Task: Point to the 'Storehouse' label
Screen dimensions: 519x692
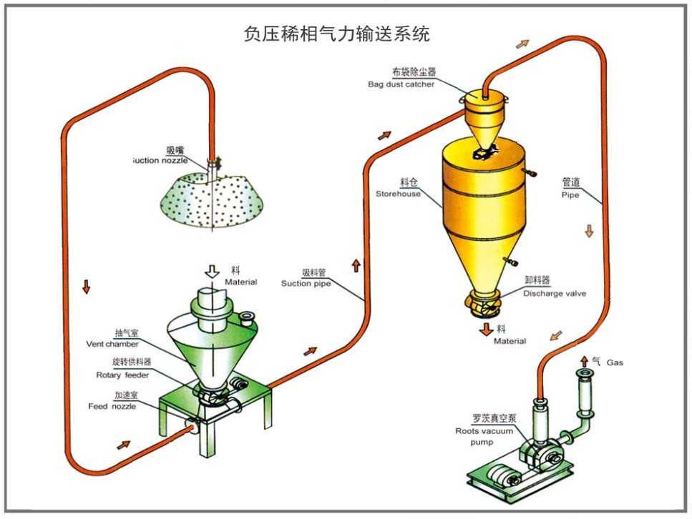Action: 398,194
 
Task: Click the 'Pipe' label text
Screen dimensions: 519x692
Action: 570,194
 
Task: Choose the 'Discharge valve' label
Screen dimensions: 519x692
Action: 555,292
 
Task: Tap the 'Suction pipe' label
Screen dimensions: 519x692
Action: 306,283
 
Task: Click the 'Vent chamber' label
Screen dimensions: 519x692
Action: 112,344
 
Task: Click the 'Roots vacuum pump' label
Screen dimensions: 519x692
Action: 479,431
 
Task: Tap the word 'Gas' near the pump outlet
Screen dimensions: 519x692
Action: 615,362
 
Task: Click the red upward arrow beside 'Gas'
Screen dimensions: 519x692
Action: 584,361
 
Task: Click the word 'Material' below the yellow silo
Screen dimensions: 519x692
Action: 510,341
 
